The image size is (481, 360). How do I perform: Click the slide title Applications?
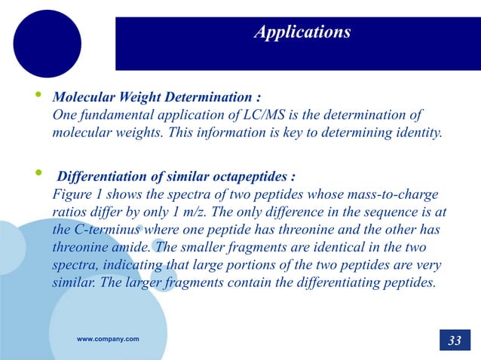(302, 32)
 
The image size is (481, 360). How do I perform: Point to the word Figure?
(70, 195)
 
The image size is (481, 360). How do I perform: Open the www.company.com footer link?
(108, 340)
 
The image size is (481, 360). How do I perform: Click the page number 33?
(455, 340)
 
